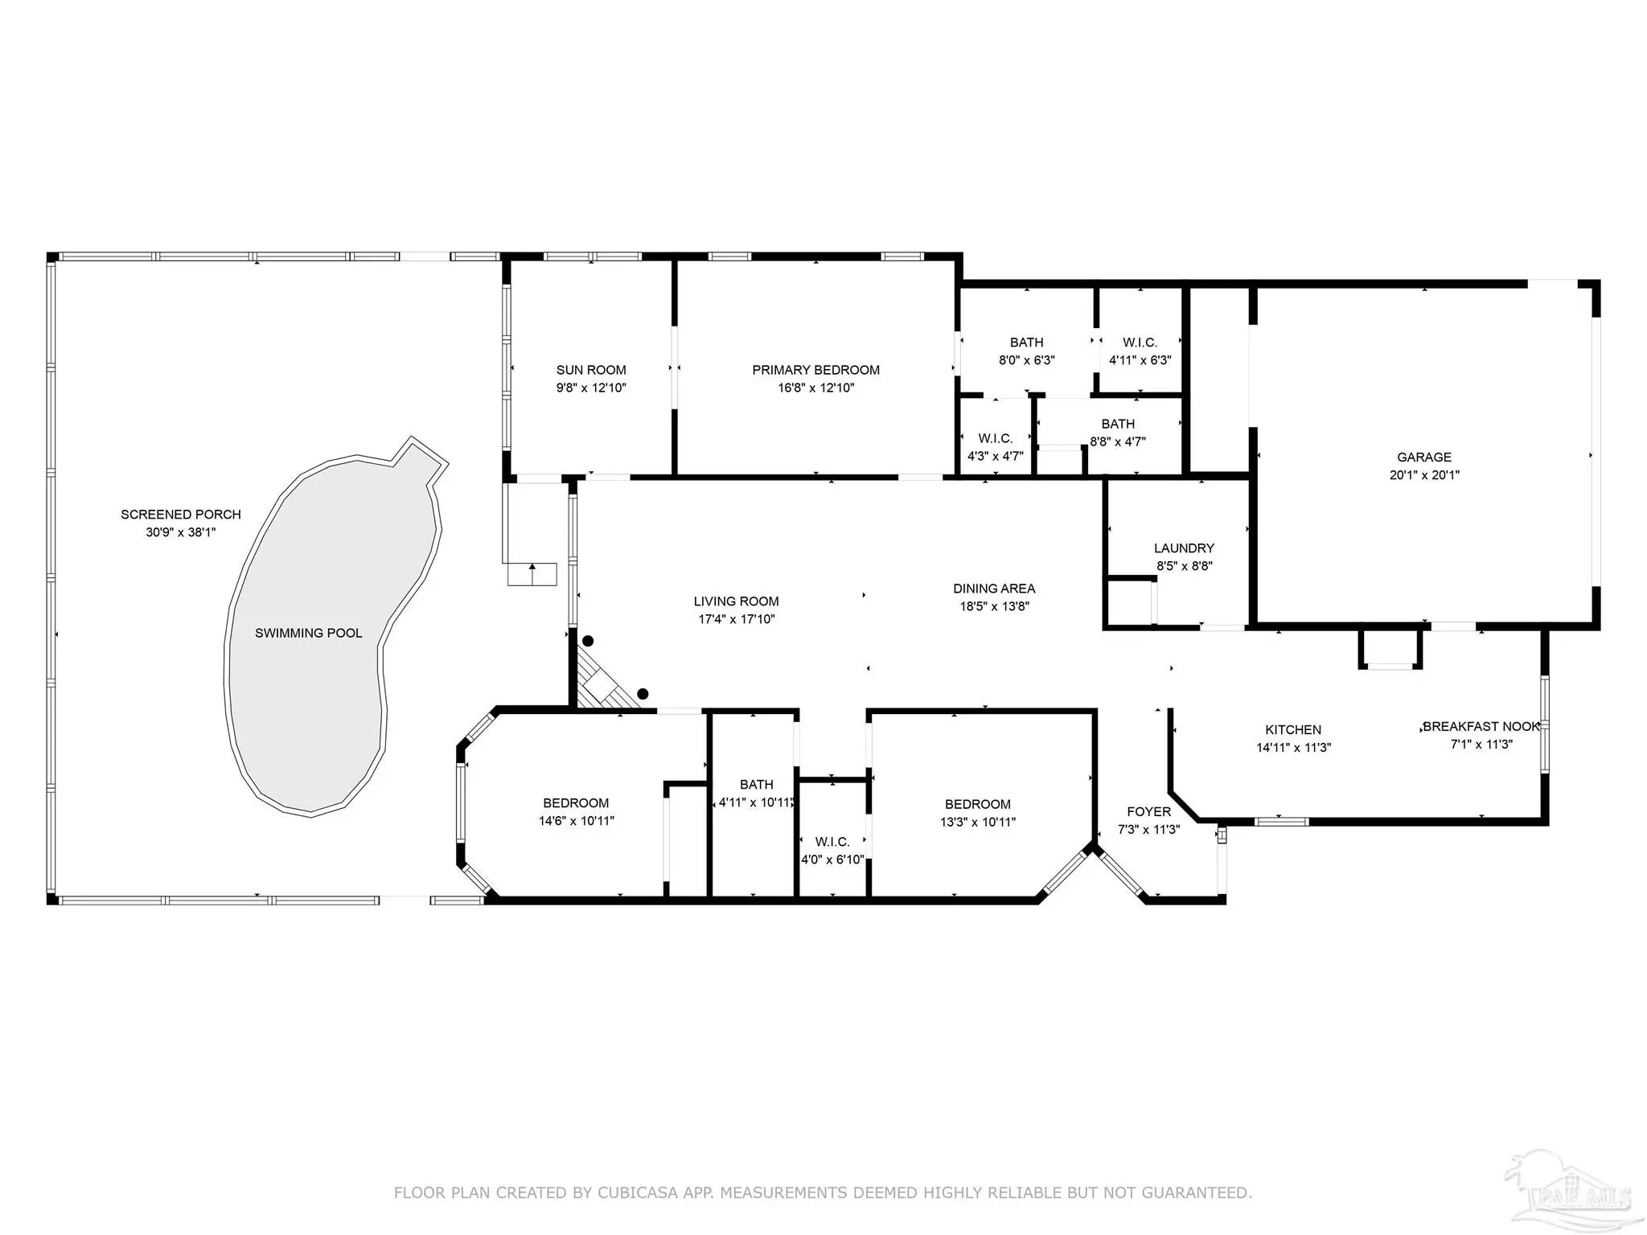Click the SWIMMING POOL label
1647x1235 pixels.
coord(309,634)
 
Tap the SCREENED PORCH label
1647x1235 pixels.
coord(181,515)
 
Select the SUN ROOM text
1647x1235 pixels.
coord(591,370)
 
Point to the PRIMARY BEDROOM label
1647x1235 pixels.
coord(816,370)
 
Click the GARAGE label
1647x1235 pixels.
coord(1424,457)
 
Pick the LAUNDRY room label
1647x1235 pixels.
coord(1184,548)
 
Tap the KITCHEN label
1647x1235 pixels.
coord(1293,730)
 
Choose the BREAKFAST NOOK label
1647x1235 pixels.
coord(1481,727)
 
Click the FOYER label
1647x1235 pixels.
coord(1148,812)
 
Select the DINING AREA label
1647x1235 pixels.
coord(994,589)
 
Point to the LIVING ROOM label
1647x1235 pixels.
coord(737,601)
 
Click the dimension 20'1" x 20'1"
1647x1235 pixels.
coord(1424,475)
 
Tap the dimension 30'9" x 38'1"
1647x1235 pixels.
coord(181,532)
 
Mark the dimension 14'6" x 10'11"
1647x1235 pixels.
coord(577,821)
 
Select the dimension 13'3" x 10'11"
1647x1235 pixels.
coord(978,823)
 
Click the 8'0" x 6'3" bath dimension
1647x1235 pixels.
coord(1027,360)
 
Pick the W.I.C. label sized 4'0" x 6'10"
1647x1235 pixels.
coord(832,842)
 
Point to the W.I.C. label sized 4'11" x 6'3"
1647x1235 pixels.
coord(1140,343)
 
